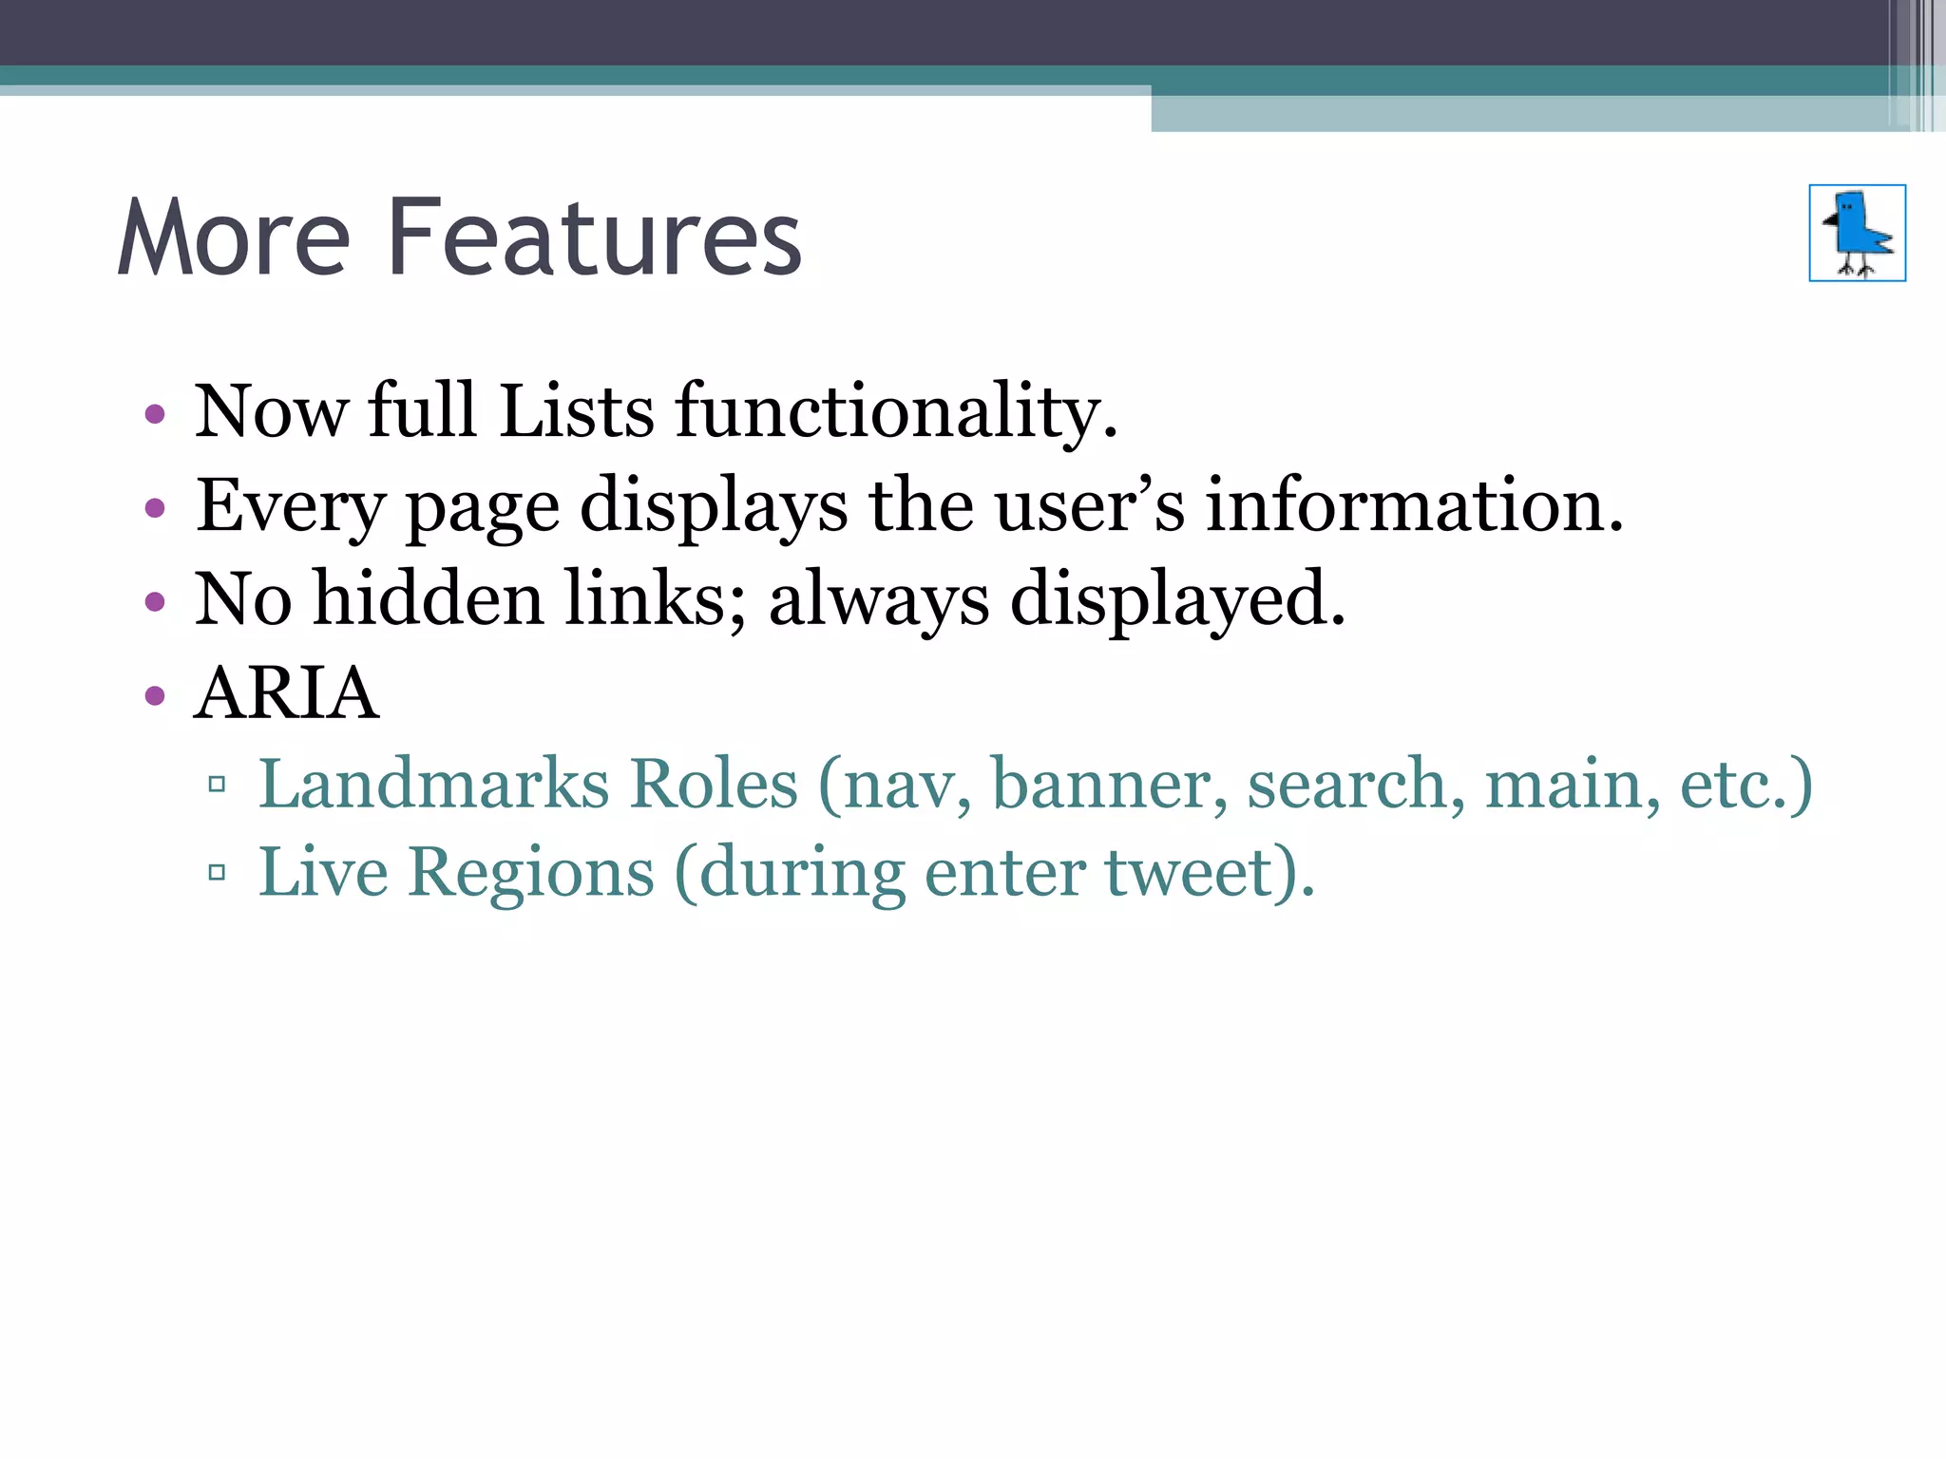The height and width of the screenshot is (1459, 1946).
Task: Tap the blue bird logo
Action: pos(1857,233)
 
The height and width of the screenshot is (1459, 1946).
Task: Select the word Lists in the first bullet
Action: pos(576,411)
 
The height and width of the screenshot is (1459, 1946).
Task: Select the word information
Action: pos(1414,505)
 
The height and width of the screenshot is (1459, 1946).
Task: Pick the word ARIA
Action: pos(286,693)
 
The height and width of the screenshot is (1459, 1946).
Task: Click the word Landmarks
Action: pos(433,785)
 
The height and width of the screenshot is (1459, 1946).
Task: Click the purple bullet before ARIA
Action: pos(155,696)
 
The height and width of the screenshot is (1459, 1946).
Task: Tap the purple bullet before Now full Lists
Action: pos(155,414)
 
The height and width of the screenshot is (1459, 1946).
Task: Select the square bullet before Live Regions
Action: pos(217,872)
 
